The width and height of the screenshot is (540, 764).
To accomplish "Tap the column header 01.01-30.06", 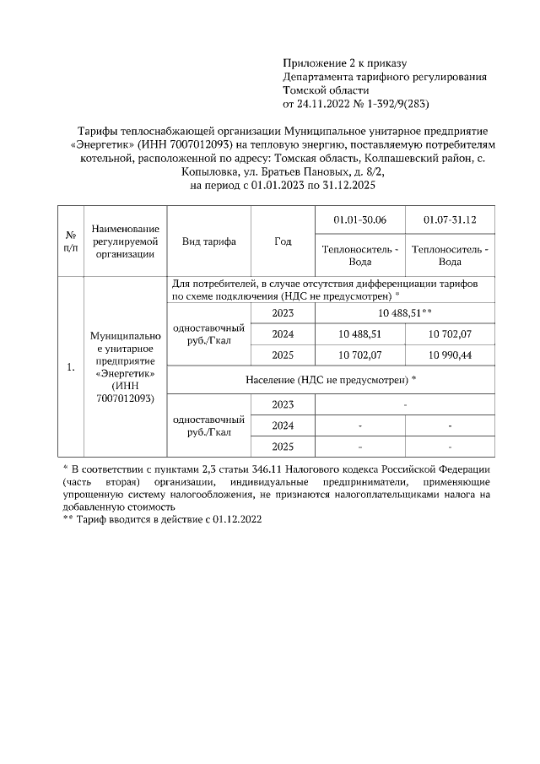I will click(359, 219).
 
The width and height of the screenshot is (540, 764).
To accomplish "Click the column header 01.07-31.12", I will click(451, 219).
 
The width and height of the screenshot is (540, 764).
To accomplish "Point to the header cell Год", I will click(283, 241).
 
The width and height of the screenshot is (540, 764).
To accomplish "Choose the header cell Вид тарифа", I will click(209, 241).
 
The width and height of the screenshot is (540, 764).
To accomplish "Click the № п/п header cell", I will click(71, 241).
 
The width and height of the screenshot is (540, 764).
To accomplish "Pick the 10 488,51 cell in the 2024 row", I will click(359, 334).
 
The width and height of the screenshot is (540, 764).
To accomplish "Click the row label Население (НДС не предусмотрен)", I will click(330, 380).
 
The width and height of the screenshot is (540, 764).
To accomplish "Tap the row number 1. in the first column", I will click(71, 367).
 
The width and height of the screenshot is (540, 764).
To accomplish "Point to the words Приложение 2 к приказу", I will click(344, 63).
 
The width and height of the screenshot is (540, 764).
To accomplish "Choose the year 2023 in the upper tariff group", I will click(283, 312).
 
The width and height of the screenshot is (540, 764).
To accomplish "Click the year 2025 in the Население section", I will click(283, 446).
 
